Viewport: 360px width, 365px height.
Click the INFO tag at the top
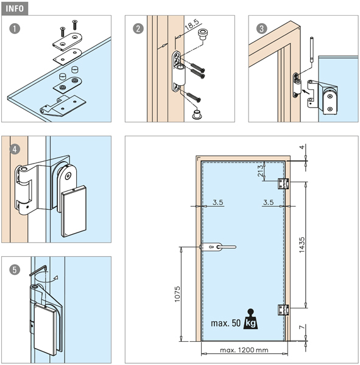(15, 9)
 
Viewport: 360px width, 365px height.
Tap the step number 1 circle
(15, 29)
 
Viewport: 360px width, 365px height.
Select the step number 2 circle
(138, 29)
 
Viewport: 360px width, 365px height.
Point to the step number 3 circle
(261, 29)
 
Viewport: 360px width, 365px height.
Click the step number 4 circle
(15, 149)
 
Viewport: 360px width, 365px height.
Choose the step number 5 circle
(15, 269)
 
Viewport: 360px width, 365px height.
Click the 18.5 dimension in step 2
(192, 25)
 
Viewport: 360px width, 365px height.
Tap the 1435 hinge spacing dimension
(302, 245)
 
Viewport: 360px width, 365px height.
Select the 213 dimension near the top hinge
(261, 170)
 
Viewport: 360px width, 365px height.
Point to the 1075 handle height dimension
(177, 294)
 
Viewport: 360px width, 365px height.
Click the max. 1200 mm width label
(244, 350)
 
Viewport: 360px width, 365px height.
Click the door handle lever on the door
(219, 247)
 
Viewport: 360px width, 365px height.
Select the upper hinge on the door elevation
(283, 184)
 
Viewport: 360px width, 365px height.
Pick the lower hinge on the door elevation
(283, 310)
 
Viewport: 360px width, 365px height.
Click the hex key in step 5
(38, 270)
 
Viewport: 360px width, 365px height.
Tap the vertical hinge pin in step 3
(311, 49)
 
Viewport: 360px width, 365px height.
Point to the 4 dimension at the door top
(302, 147)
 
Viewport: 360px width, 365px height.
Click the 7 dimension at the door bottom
(302, 327)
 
